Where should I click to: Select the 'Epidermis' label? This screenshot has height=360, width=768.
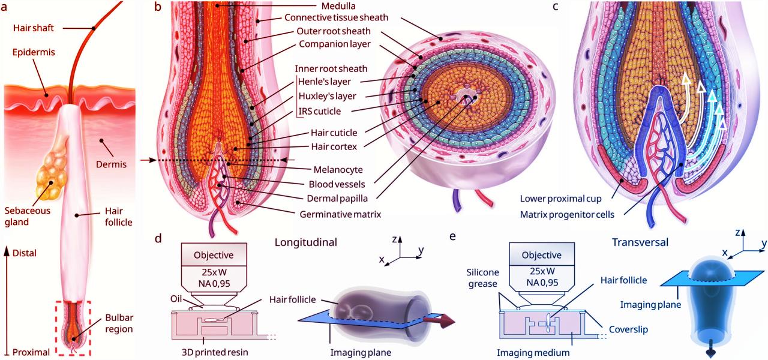pos(34,53)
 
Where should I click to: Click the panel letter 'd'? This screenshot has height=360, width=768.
pos(158,238)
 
